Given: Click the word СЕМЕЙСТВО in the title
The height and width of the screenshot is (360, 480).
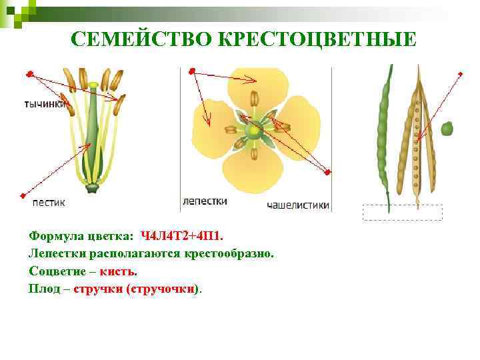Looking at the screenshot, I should point(141,39).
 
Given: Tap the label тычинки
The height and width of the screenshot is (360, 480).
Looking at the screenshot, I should point(44,104).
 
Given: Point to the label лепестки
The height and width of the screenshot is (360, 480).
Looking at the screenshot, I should point(204,201).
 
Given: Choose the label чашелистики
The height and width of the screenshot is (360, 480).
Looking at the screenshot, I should point(298,205).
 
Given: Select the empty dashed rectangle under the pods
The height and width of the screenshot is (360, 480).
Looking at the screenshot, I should point(402,212).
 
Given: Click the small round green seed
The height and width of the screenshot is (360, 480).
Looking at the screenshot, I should point(447,127).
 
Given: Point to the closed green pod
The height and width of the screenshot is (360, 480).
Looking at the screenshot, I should point(383,133).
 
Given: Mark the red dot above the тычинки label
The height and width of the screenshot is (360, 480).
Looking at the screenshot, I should point(29,72).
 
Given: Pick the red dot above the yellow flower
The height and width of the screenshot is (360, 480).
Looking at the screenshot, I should point(191,71).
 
